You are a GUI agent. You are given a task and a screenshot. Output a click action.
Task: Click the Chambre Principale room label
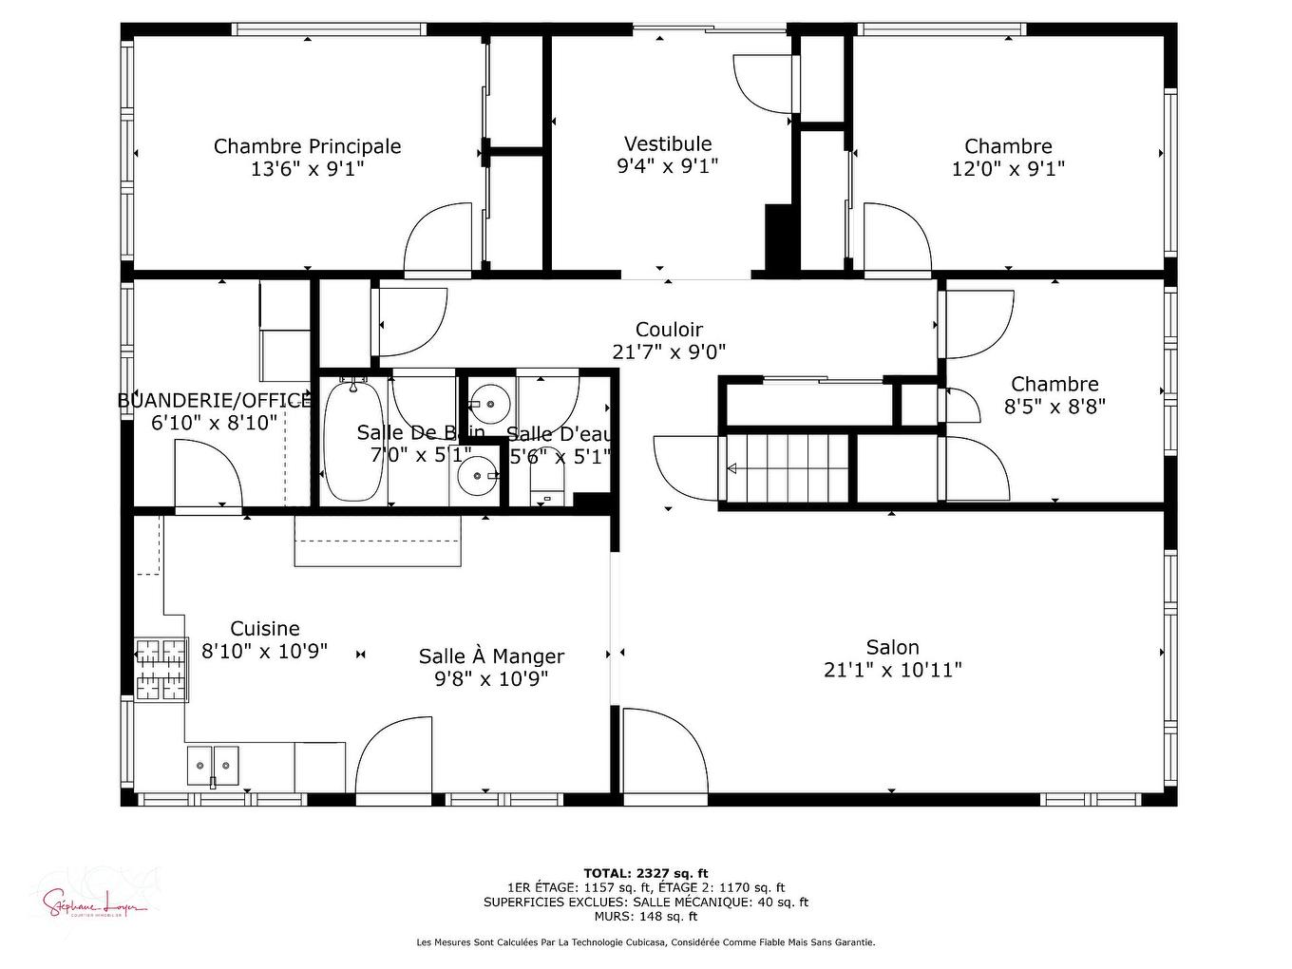pos(307,146)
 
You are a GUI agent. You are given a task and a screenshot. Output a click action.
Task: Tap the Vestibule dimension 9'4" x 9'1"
pos(667,166)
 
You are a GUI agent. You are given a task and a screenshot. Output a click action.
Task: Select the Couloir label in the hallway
pos(669,330)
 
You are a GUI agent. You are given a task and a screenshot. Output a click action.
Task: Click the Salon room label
pos(892,647)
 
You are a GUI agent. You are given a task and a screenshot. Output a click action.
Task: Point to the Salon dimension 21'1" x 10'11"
pos(892,670)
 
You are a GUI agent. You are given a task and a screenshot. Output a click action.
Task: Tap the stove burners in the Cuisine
pos(161,669)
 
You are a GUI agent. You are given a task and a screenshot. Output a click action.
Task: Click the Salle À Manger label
pos(491,656)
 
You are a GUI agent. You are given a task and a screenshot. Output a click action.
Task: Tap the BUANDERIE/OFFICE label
pos(214,400)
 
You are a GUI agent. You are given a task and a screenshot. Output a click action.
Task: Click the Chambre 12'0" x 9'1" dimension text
pos(1008,169)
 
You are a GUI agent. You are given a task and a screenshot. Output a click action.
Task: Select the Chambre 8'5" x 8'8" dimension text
pos(1054,407)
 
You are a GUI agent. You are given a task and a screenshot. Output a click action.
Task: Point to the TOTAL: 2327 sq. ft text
pos(645,873)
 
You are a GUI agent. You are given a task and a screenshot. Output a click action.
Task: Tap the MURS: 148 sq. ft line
pos(645,917)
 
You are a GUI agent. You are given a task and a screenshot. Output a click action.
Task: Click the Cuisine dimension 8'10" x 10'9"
pos(264,652)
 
